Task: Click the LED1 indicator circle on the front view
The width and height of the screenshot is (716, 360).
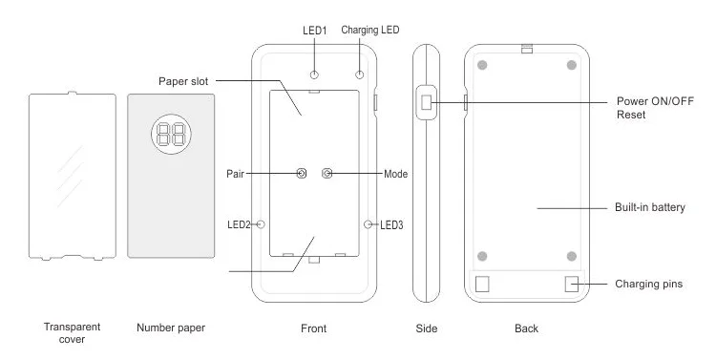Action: (x=314, y=74)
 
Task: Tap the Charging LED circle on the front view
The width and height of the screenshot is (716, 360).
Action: (x=360, y=74)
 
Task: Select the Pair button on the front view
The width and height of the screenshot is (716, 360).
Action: (x=302, y=173)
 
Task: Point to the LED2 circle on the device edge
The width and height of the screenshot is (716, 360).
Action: (x=261, y=223)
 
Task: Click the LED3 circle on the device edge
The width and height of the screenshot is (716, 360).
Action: (x=369, y=223)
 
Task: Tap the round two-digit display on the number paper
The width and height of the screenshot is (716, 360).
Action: (x=171, y=134)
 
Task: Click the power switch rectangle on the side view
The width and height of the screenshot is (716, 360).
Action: (x=426, y=102)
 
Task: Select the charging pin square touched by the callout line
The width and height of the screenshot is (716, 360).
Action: (x=572, y=284)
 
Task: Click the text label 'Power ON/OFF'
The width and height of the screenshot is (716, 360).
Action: (x=655, y=101)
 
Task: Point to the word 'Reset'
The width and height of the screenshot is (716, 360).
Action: (x=631, y=115)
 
